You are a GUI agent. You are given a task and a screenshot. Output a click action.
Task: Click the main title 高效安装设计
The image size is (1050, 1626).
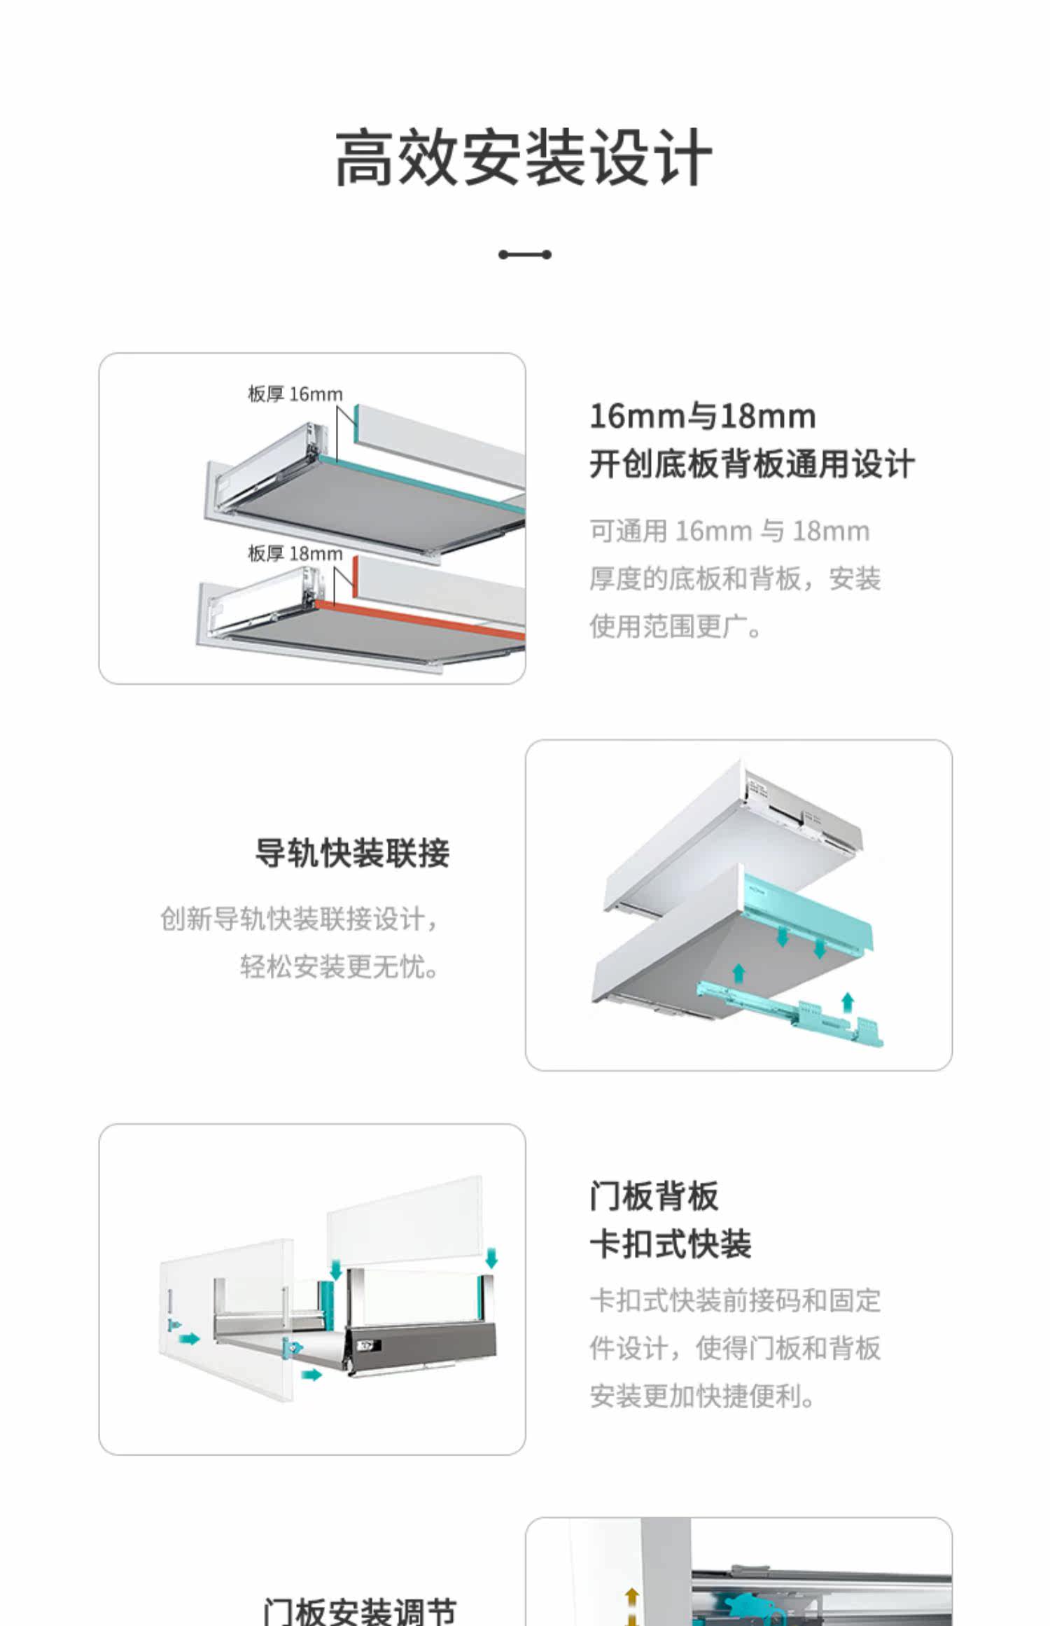[x=524, y=158]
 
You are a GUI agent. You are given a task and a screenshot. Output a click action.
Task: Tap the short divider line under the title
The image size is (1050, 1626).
[x=524, y=255]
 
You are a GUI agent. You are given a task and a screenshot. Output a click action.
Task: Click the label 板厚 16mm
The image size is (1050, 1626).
[x=295, y=394]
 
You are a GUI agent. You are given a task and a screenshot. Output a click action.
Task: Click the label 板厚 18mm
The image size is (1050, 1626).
[x=295, y=554]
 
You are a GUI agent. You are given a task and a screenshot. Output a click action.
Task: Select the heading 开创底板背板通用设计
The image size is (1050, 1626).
[x=752, y=464]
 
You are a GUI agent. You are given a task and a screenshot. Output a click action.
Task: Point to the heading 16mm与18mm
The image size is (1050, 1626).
[x=703, y=416]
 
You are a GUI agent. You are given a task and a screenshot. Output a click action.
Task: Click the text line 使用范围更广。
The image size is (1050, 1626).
[x=675, y=627]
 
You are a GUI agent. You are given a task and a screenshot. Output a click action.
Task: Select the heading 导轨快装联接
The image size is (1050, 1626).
[x=352, y=854]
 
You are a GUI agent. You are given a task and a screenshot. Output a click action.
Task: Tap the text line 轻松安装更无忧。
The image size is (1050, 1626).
[x=339, y=967]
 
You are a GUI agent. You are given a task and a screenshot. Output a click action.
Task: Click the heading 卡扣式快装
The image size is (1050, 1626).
[x=671, y=1244]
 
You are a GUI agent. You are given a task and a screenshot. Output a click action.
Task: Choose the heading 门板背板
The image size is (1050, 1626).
[x=654, y=1195]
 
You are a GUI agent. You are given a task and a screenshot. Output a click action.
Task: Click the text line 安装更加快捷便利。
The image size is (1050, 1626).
[x=702, y=1396]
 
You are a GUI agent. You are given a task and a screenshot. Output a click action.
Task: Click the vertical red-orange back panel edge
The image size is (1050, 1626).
[x=356, y=578]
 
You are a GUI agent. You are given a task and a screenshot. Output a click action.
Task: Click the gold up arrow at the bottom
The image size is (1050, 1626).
[x=631, y=1597]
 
